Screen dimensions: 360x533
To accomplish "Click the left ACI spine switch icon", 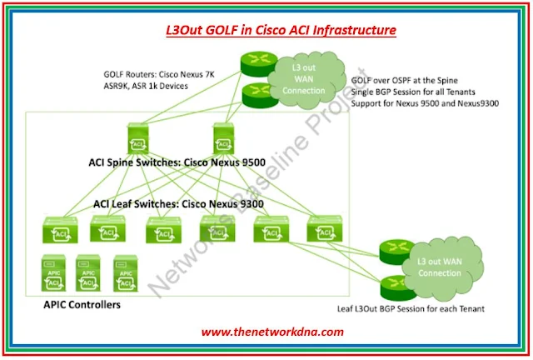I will (x=135, y=137).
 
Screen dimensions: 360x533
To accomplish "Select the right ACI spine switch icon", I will (x=224, y=137).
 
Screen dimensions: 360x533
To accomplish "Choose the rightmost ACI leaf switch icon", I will (x=323, y=229).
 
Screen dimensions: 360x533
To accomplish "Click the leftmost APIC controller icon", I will (x=52, y=273).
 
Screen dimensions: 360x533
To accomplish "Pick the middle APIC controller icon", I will (x=87, y=273).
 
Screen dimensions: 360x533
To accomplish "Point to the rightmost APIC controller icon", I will (x=124, y=273).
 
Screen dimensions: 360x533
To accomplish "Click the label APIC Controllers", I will (x=81, y=306).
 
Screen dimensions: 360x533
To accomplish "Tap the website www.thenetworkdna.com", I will (x=272, y=332).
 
